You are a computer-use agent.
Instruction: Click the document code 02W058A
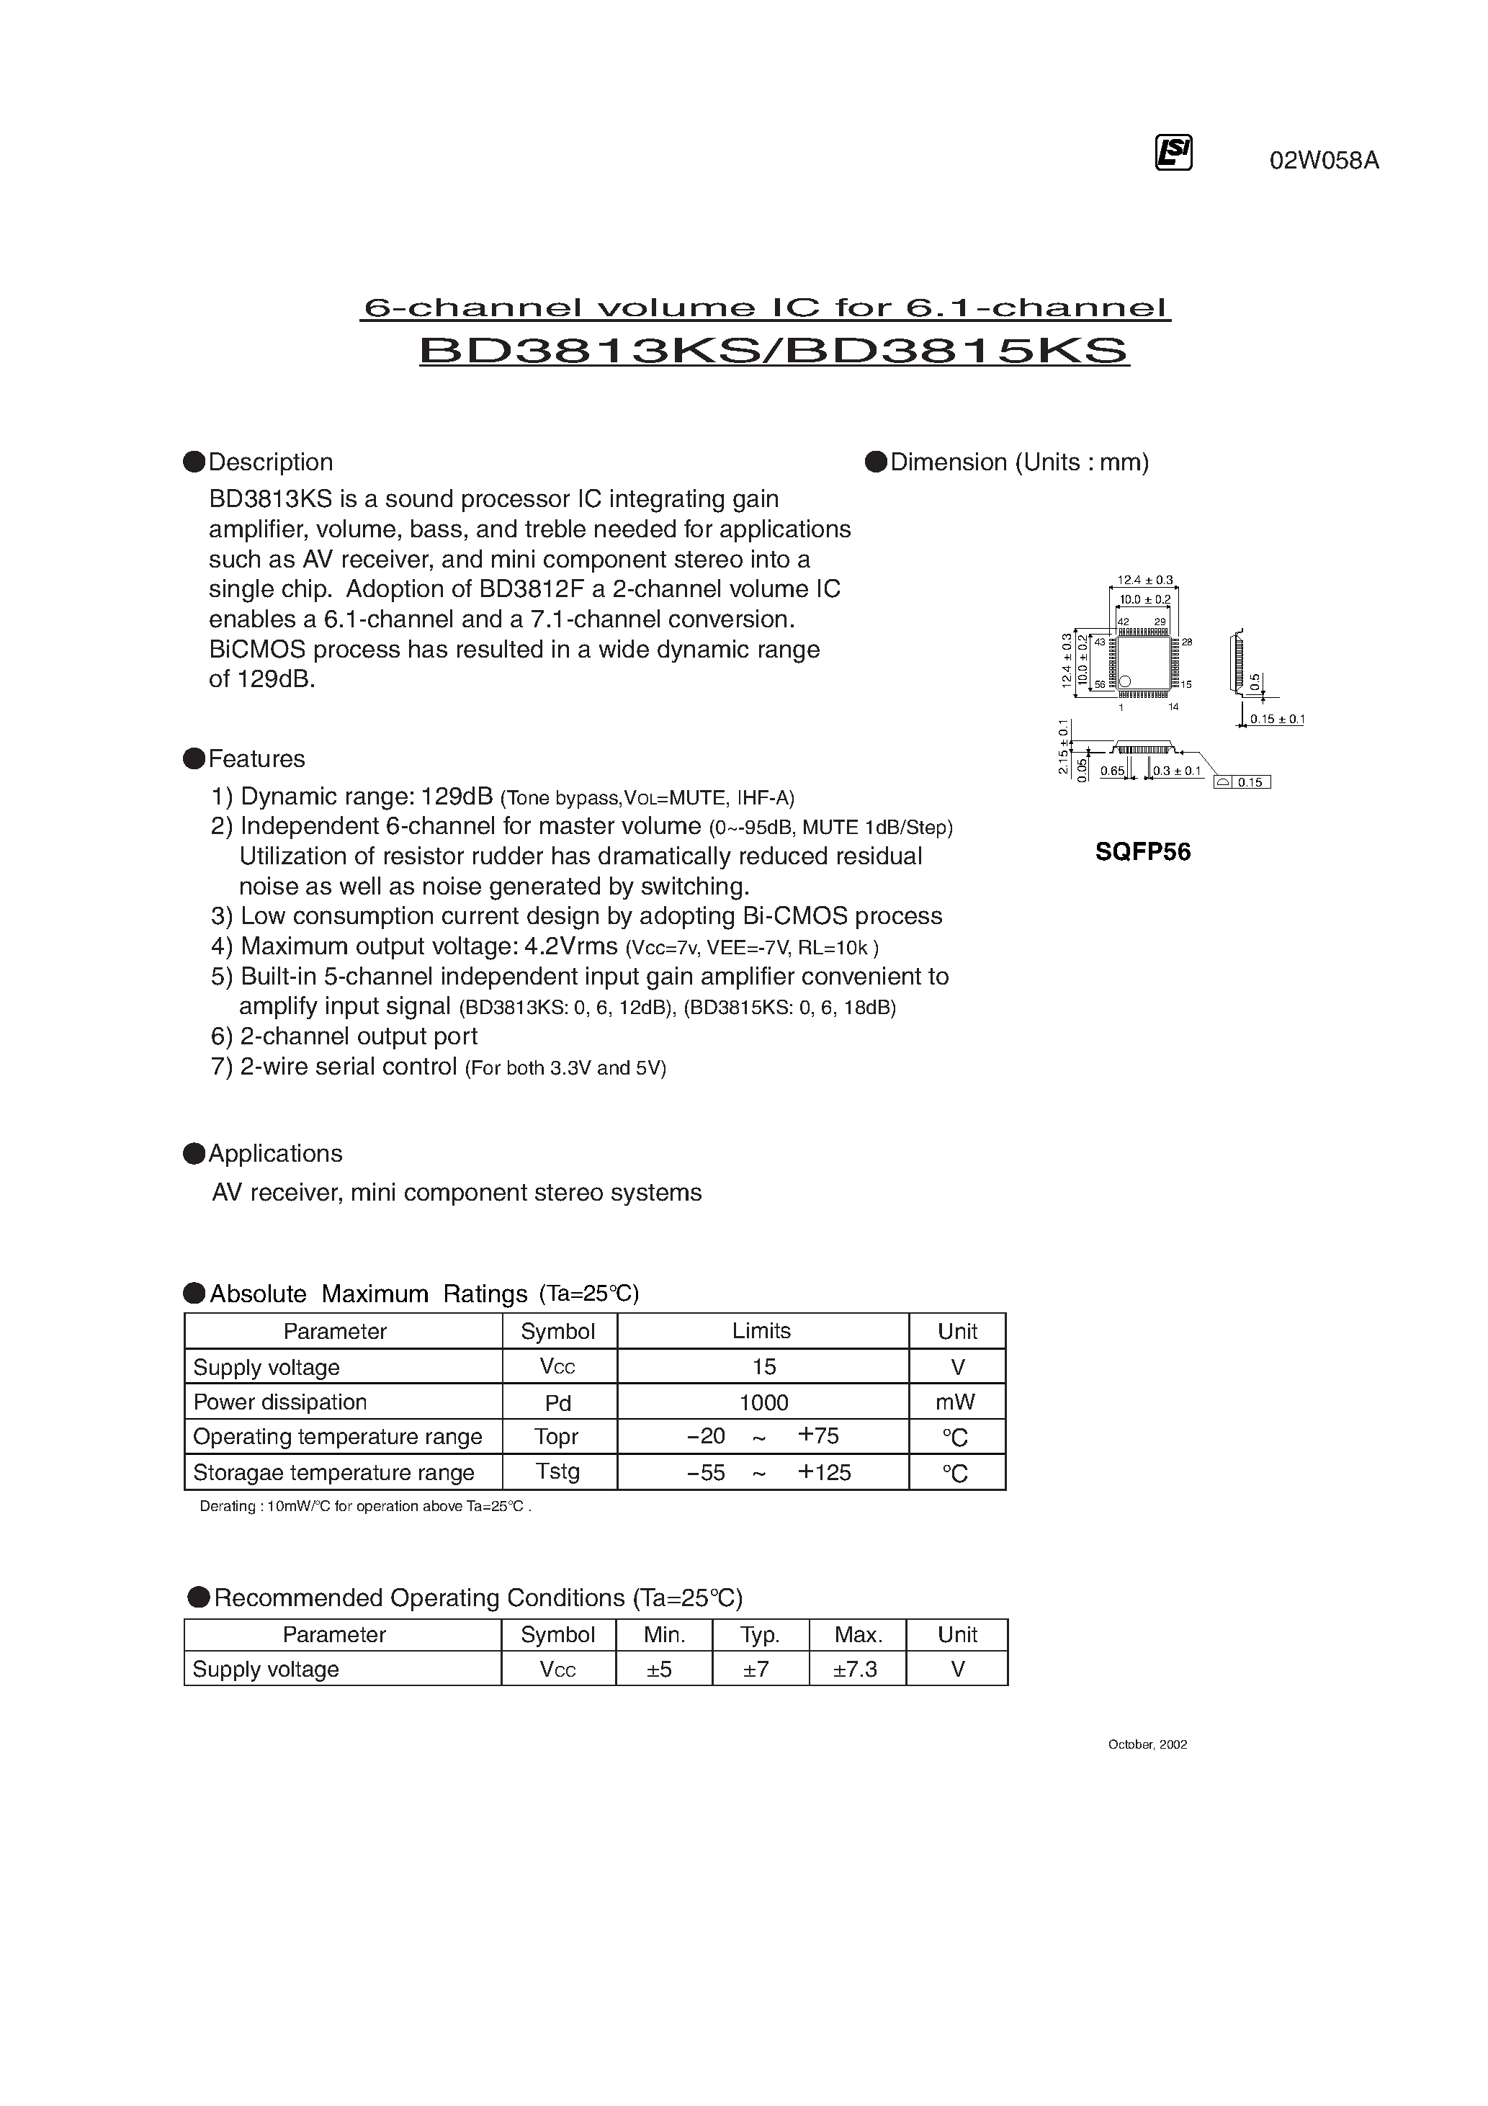tap(1323, 161)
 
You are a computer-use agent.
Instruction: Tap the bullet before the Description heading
tap(194, 462)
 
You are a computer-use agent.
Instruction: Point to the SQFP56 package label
tap(1142, 852)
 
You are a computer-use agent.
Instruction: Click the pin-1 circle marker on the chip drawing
tap(1125, 681)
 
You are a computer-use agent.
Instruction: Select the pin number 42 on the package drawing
tap(1123, 622)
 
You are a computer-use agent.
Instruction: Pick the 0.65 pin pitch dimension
tap(1113, 771)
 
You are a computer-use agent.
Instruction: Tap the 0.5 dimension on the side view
tap(1254, 681)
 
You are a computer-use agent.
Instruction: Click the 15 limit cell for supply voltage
tap(763, 1367)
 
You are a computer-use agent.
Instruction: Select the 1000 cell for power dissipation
tap(763, 1402)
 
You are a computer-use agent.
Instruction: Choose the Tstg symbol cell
tap(557, 1471)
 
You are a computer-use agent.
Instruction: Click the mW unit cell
tap(957, 1402)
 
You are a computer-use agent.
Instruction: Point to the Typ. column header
tap(760, 1634)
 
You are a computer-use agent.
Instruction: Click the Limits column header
tap(761, 1330)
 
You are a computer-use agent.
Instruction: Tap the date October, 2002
tap(1147, 1744)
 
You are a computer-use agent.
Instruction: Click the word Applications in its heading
tap(275, 1153)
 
